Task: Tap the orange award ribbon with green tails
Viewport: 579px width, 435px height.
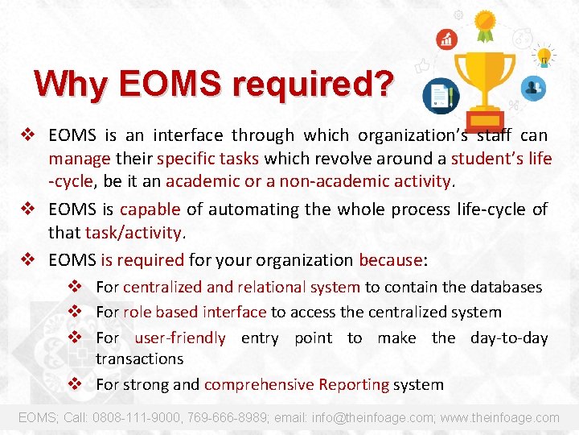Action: click(484, 25)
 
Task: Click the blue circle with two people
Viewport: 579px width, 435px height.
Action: click(532, 88)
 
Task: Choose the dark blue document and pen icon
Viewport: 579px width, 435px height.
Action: click(439, 96)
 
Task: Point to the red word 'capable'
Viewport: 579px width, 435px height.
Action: click(150, 209)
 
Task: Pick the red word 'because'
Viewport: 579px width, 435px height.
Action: click(391, 260)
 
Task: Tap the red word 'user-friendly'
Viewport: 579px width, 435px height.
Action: click(180, 338)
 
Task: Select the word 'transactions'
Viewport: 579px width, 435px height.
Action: click(139, 358)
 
